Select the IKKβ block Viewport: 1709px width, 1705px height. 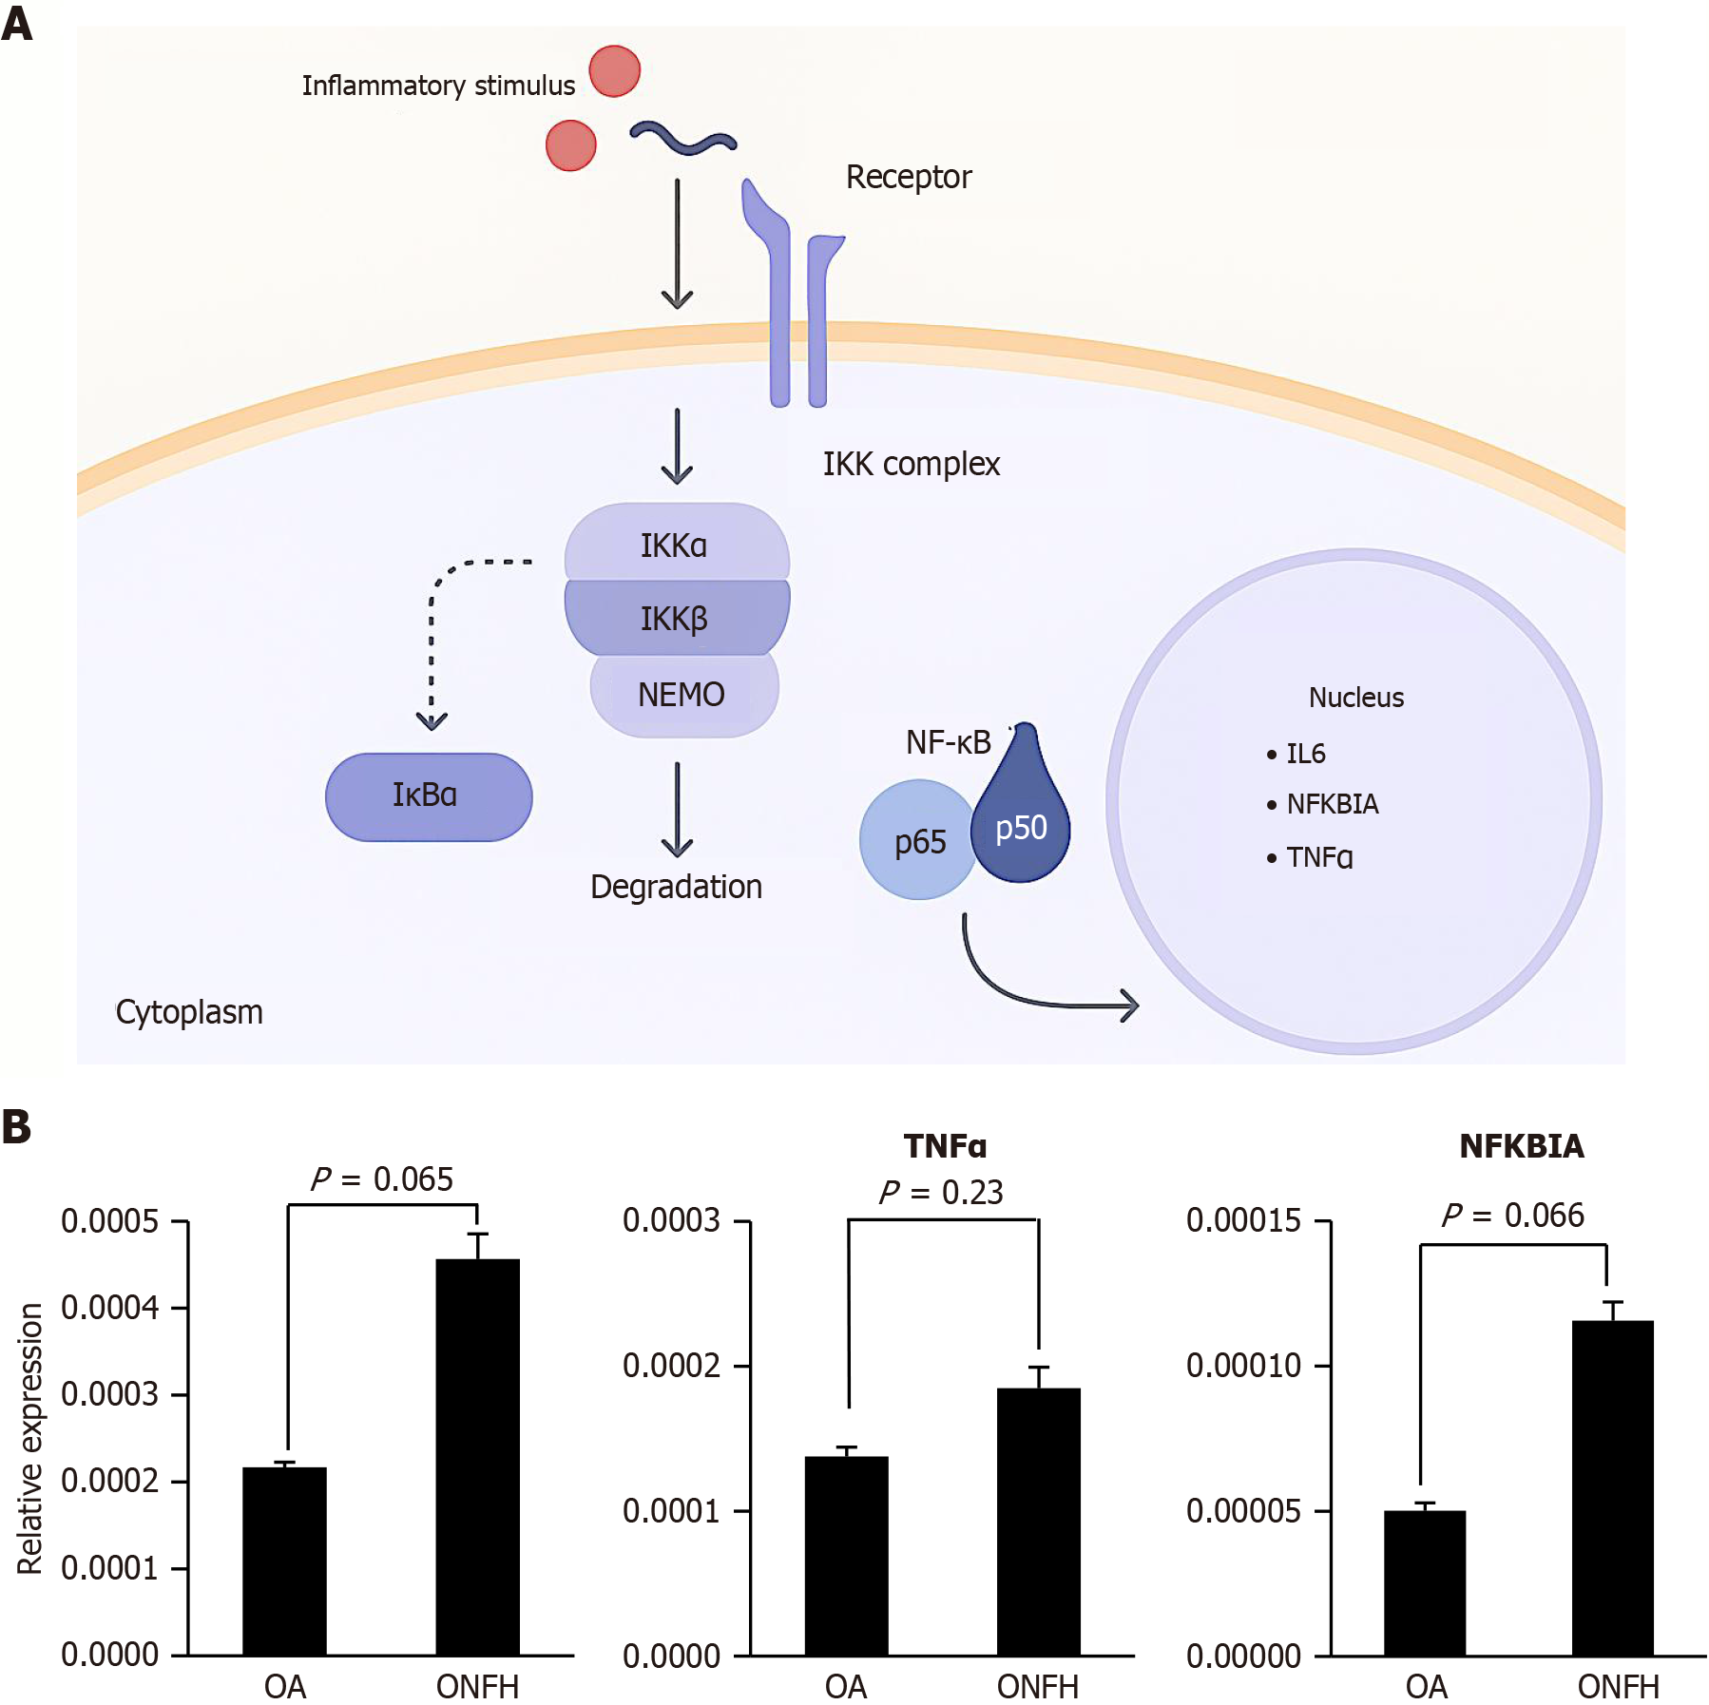tap(676, 618)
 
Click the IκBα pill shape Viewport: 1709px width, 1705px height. tap(428, 796)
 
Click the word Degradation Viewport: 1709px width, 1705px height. tap(676, 887)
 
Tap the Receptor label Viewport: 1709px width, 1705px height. tap(909, 177)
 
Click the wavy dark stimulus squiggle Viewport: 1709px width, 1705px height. tap(683, 140)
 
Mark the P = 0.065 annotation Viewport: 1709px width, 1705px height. tap(382, 1179)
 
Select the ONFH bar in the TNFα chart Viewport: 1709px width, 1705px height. tap(1038, 1521)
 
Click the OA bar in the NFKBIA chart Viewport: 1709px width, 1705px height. tap(1424, 1582)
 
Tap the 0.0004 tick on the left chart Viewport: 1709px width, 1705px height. tap(110, 1308)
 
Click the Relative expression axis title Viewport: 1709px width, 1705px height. tap(30, 1438)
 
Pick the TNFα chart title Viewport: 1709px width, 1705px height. tap(945, 1146)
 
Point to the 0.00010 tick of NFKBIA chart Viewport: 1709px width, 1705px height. tap(1243, 1366)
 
